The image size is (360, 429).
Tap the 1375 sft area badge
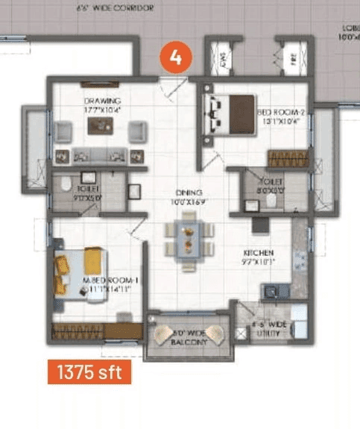pyautogui.click(x=89, y=371)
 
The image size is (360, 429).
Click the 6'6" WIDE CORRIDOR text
pyautogui.click(x=116, y=8)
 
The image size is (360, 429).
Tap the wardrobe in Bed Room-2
pyautogui.click(x=287, y=158)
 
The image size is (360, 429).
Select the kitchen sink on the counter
pyautogui.click(x=270, y=292)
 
